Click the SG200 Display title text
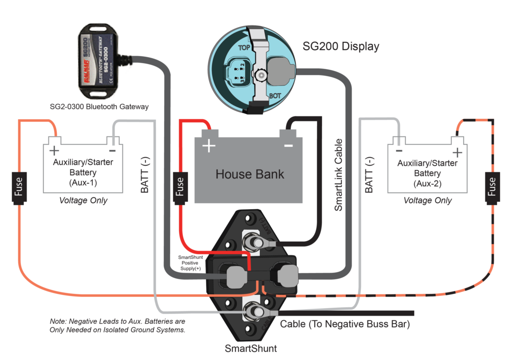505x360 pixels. point(341,47)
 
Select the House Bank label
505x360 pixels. point(250,174)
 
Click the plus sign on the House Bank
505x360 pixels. point(210,145)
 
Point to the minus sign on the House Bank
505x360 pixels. point(289,145)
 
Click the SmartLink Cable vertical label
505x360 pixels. point(339,175)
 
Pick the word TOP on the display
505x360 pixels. point(245,48)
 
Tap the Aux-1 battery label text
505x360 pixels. point(82,173)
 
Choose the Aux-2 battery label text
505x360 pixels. point(428,173)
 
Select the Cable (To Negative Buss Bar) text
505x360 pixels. point(345,324)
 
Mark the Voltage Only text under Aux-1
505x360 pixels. point(83,201)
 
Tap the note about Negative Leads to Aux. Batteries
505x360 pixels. point(118,325)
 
